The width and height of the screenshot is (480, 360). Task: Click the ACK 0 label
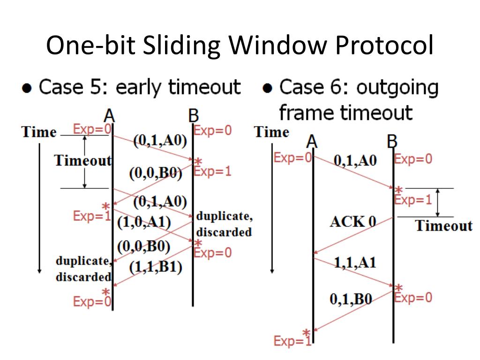pyautogui.click(x=353, y=221)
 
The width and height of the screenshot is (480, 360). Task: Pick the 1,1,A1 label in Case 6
pyautogui.click(x=355, y=263)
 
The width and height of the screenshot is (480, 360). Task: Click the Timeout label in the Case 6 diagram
pyautogui.click(x=443, y=226)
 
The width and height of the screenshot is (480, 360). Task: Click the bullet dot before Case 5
pyautogui.click(x=28, y=89)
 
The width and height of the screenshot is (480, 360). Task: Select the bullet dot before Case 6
pyautogui.click(x=268, y=89)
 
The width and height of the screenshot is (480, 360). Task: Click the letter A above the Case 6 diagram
pyautogui.click(x=312, y=142)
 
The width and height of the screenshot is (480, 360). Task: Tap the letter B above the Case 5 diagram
pyautogui.click(x=193, y=116)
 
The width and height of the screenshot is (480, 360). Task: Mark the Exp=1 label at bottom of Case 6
pyautogui.click(x=292, y=342)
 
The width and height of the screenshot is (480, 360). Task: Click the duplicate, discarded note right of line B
pyautogui.click(x=223, y=225)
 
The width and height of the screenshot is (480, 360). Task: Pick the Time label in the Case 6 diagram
pyautogui.click(x=272, y=133)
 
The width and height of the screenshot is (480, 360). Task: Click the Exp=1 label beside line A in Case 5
pyautogui.click(x=91, y=216)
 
